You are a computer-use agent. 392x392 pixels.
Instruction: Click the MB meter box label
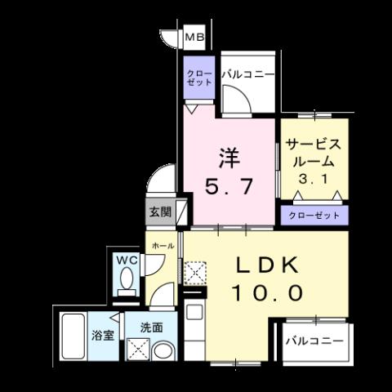194,37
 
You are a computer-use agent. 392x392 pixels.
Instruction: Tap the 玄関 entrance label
160,212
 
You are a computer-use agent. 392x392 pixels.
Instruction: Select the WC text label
127,260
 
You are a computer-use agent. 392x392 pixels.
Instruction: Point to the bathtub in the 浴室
73,336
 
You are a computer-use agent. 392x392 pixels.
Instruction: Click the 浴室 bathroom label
102,335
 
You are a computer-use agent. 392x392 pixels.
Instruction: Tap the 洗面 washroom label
152,327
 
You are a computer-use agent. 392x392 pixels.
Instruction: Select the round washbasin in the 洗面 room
163,351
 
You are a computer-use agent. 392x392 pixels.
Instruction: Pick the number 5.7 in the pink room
229,186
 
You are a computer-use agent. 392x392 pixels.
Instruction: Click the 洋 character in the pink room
229,158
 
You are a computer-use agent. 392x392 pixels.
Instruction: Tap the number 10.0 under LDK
268,292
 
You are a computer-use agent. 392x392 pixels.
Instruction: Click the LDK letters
268,265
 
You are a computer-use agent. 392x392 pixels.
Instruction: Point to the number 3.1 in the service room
313,179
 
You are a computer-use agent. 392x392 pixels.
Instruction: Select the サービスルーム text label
314,153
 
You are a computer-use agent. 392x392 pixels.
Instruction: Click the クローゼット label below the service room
314,216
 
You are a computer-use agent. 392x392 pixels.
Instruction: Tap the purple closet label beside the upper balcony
199,78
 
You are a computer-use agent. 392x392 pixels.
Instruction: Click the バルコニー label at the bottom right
314,341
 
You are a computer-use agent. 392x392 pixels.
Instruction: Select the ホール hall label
163,246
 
